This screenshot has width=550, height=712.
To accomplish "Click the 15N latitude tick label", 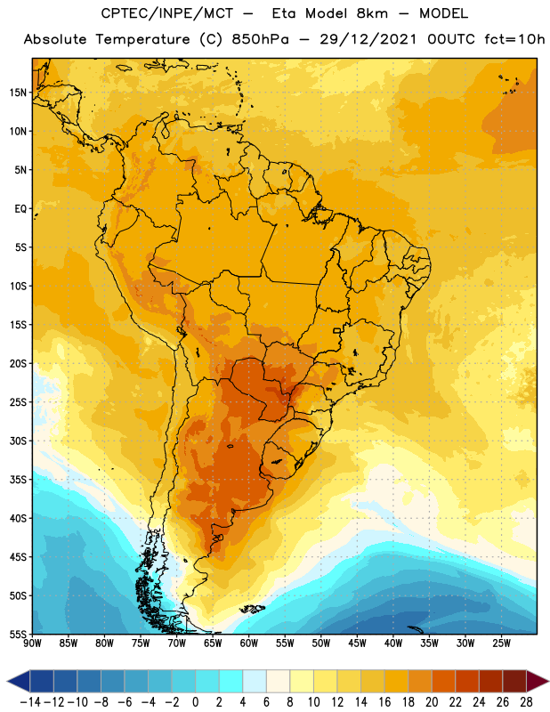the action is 18,93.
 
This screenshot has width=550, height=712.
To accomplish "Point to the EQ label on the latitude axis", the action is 20,209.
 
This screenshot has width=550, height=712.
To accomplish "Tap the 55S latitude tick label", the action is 18,634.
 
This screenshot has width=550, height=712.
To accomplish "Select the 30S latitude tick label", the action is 18,441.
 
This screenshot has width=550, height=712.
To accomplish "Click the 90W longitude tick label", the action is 32,643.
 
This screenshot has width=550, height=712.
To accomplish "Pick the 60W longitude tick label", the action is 249,643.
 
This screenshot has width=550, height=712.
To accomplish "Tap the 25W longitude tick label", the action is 501,643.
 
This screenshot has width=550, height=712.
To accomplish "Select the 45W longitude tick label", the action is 357,643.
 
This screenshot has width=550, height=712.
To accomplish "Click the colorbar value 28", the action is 526,702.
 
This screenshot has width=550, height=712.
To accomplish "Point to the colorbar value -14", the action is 30,702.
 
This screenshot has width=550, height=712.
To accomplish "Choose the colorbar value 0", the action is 195,702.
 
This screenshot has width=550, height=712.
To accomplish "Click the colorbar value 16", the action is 384,702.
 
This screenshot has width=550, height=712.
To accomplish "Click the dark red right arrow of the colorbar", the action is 538,681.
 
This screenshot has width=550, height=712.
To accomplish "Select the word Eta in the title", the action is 284,13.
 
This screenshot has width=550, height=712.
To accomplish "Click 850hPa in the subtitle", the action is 260,39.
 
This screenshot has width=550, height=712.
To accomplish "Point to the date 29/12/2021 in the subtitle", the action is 368,39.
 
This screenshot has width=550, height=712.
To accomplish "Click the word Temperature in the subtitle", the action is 142,39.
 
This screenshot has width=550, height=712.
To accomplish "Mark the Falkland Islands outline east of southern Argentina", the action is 253,609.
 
